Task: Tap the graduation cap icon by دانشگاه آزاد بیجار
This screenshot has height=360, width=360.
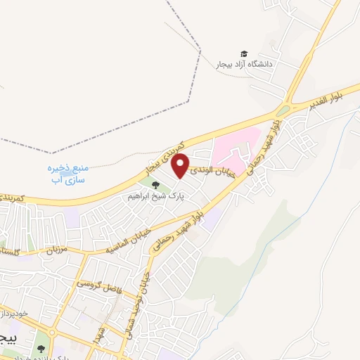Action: (x=244, y=54)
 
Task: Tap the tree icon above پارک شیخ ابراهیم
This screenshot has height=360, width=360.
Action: (x=155, y=186)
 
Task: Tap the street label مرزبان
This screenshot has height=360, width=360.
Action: (x=51, y=249)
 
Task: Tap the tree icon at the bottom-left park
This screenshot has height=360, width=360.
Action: (x=41, y=347)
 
